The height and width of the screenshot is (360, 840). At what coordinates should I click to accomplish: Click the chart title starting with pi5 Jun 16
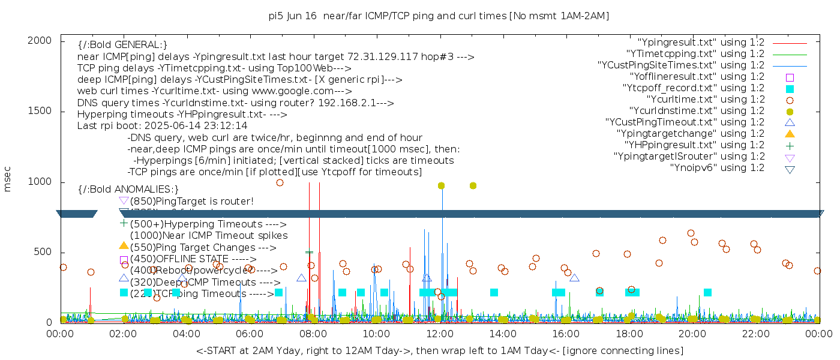(x=439, y=16)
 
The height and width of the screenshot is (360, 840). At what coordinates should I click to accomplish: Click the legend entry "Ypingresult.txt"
(x=701, y=43)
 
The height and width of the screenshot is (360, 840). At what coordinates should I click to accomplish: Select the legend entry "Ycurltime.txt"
(x=705, y=100)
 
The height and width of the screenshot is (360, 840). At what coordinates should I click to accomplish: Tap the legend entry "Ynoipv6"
(x=717, y=168)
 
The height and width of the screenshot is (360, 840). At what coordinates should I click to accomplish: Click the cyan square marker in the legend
(x=790, y=89)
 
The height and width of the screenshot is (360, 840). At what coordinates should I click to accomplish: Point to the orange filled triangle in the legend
(x=790, y=133)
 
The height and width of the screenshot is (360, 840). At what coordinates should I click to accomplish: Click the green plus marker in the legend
(x=790, y=145)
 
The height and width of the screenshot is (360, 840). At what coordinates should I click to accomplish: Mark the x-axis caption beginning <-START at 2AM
(x=439, y=350)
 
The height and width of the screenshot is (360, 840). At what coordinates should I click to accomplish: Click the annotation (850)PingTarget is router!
(x=191, y=201)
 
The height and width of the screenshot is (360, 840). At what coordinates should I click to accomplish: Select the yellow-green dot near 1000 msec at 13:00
(x=473, y=186)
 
